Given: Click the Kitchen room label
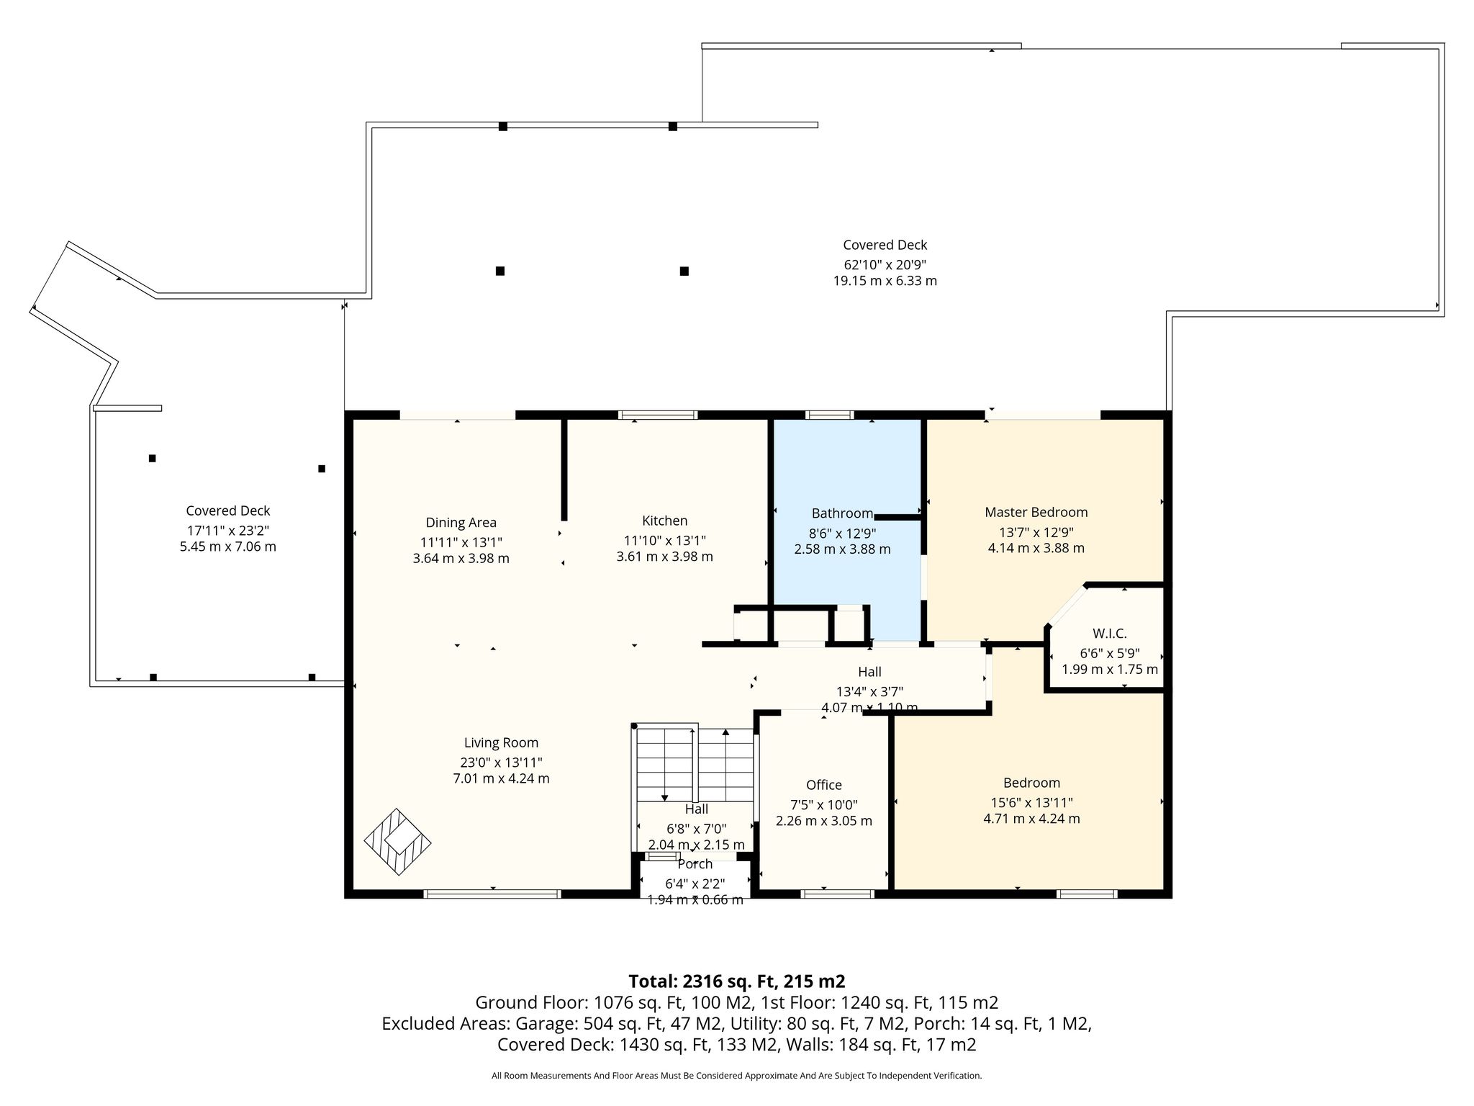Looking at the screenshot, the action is pyautogui.click(x=664, y=521).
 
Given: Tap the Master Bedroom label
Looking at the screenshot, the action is pyautogui.click(x=1036, y=512).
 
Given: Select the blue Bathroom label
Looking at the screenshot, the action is pyautogui.click(x=842, y=513).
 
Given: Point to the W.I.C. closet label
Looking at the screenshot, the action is pyautogui.click(x=1109, y=634).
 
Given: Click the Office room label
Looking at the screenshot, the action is pyautogui.click(x=823, y=785).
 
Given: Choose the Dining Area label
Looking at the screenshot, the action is pyautogui.click(x=461, y=523).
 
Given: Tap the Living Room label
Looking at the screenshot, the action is pyautogui.click(x=501, y=743).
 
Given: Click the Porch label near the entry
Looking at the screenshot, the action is pyautogui.click(x=695, y=864).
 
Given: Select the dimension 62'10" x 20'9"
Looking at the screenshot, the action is pyautogui.click(x=885, y=264).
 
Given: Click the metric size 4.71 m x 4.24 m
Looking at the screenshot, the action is pyautogui.click(x=1031, y=819).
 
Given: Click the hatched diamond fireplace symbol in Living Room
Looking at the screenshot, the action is pyautogui.click(x=397, y=841).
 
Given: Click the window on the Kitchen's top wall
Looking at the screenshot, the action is pyautogui.click(x=658, y=415).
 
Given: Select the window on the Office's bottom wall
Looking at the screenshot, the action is pyautogui.click(x=837, y=894).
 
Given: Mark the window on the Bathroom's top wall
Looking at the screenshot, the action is pyautogui.click(x=829, y=415).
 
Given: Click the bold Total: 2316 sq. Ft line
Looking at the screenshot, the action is pyautogui.click(x=736, y=981).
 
